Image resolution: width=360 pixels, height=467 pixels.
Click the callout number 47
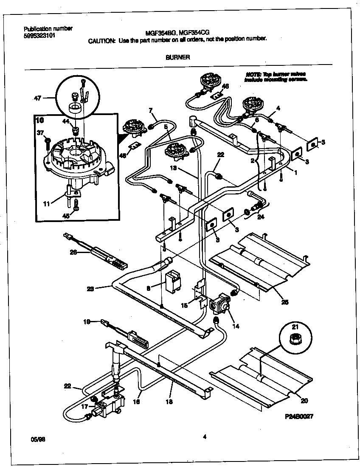(38, 98)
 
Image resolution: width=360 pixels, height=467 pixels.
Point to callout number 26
(73, 252)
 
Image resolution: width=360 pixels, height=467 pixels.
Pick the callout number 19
(87, 322)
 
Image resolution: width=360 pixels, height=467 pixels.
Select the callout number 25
(284, 302)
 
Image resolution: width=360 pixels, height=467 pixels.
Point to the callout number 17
(84, 406)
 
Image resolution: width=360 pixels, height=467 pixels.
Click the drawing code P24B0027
(299, 417)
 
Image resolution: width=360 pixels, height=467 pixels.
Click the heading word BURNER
(177, 57)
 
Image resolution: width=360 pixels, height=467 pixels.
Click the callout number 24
(260, 219)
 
